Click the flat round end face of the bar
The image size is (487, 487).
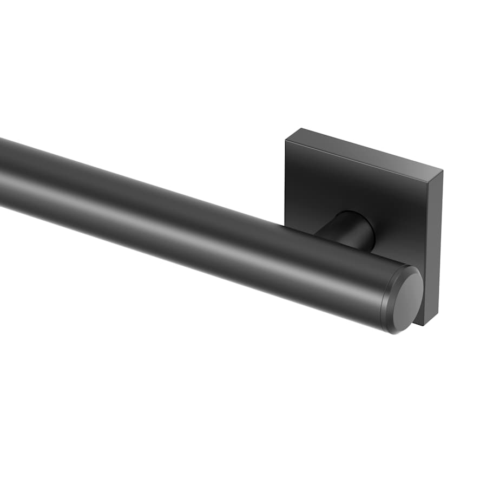(407, 301)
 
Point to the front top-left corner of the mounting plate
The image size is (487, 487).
(286, 142)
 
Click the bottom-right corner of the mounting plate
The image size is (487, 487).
(429, 325)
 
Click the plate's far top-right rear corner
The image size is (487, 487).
(443, 172)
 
